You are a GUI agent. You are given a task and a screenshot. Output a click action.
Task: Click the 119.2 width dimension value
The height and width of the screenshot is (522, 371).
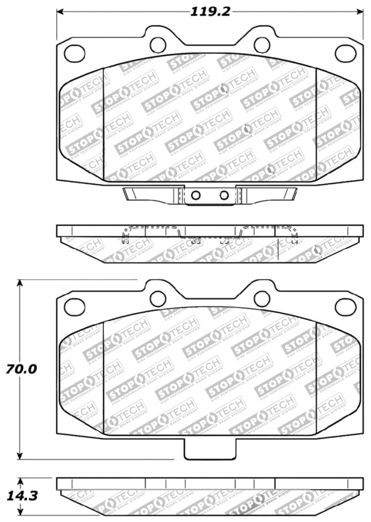(210, 12)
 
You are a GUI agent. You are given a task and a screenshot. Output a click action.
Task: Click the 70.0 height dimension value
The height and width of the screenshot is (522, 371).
(21, 369)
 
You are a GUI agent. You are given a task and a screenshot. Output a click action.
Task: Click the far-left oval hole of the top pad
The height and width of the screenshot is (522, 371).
(74, 53)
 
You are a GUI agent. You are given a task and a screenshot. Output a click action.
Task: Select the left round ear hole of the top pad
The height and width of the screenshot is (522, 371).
(158, 44)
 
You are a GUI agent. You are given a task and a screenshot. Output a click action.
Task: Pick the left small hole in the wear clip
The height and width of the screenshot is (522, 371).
(196, 195)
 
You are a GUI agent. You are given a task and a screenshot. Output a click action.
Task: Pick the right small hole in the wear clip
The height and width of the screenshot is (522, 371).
(224, 195)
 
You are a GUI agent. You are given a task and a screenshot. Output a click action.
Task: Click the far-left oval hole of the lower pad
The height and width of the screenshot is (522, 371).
(74, 305)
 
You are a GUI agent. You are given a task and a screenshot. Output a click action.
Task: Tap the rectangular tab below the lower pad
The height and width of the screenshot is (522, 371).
(210, 448)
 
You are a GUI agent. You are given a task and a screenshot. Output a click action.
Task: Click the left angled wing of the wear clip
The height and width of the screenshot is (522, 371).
(148, 193)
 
